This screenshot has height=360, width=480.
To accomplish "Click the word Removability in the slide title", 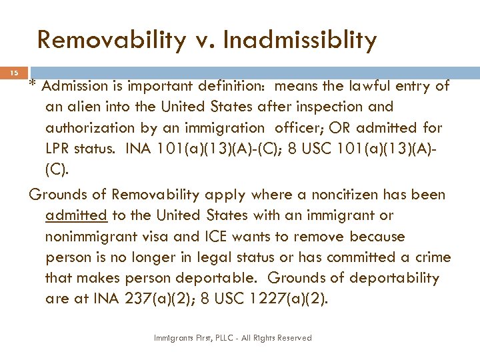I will tap(111, 41).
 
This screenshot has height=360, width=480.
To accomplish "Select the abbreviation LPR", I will tap(59, 148).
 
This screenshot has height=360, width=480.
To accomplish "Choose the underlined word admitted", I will tap(76, 215).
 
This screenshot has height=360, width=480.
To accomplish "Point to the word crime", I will tap(429, 257).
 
